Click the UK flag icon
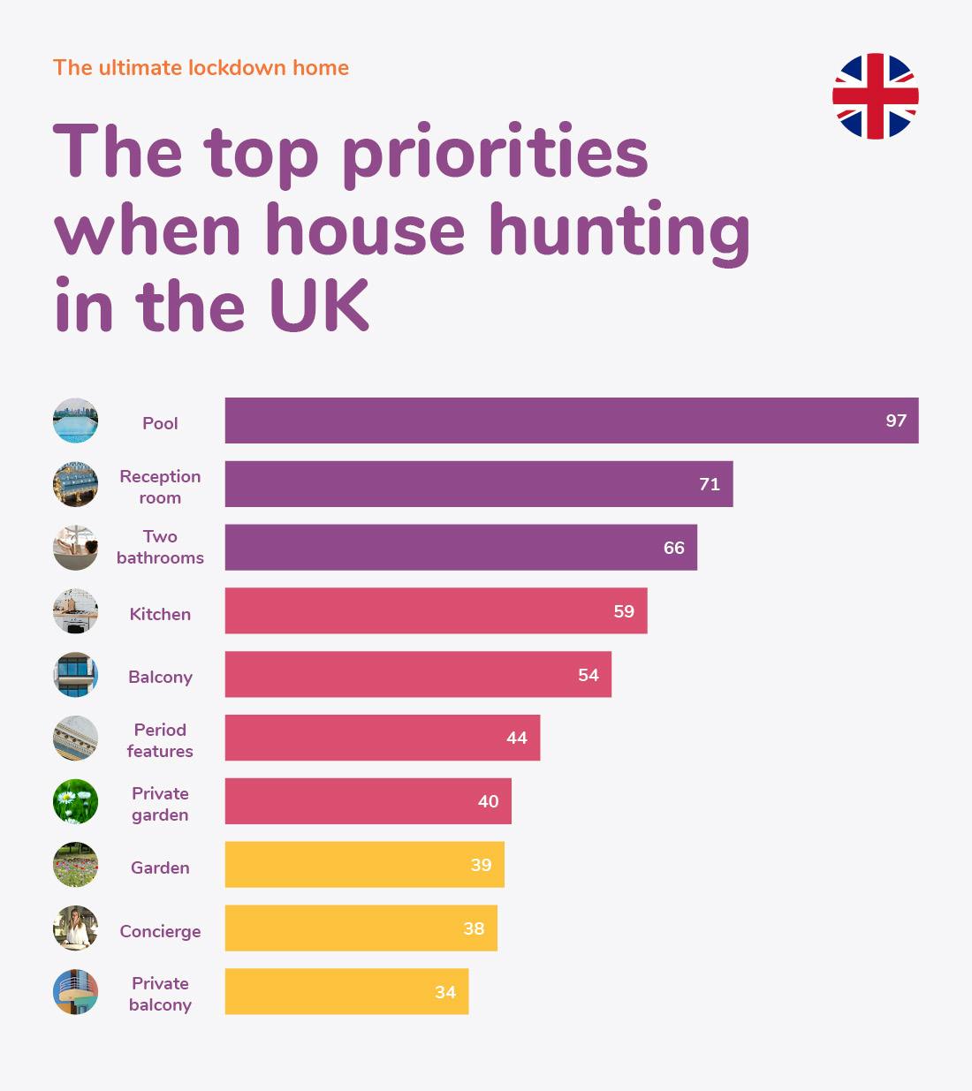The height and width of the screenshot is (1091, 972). point(875,96)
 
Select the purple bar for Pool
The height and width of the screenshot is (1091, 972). point(571,420)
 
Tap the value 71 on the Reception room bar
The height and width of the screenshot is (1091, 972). point(709,484)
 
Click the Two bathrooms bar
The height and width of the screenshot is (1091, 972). point(460,548)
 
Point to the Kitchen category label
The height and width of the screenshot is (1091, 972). point(160,614)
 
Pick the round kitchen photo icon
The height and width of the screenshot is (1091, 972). point(75,611)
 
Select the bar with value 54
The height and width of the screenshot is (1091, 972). point(418,675)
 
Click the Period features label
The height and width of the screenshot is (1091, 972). point(160,740)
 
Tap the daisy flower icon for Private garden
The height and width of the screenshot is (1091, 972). point(75,801)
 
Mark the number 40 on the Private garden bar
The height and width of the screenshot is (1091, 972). point(488,801)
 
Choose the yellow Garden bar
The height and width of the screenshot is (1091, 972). point(364,865)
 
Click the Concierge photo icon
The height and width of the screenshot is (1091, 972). point(75,928)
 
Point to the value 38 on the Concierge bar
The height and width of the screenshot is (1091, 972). point(474,928)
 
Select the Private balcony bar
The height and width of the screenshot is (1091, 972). point(346,992)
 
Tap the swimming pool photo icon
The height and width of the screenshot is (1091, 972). point(75,420)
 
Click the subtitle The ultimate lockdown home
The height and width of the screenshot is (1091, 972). point(201,68)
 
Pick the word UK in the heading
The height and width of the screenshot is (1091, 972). point(319,307)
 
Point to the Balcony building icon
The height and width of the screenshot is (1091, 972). point(75,675)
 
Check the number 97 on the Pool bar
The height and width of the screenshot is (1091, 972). point(896,420)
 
